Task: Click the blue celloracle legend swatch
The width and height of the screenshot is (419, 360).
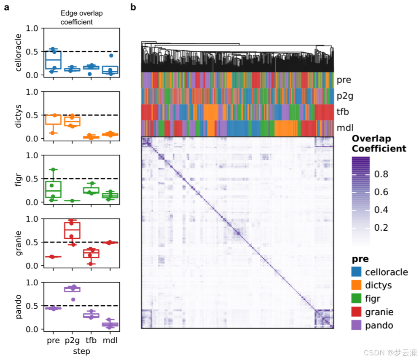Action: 357,272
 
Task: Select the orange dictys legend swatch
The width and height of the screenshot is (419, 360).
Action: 357,285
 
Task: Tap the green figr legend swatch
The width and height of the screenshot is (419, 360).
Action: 357,299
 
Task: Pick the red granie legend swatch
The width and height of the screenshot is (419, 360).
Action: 357,312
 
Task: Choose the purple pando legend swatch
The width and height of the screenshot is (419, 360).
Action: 357,325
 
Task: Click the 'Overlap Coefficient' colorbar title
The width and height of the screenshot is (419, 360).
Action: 379,144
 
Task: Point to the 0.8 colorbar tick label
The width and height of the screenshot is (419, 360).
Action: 382,174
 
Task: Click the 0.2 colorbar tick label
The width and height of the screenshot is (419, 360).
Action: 382,227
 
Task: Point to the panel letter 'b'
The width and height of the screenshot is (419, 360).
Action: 133,7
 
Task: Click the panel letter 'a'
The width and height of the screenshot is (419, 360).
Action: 7,7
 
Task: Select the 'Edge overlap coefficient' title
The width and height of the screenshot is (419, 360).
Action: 82,18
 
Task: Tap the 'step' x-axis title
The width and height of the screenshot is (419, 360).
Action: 81,351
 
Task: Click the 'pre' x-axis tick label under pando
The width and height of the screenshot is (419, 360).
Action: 53,341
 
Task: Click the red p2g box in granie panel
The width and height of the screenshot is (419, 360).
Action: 72,230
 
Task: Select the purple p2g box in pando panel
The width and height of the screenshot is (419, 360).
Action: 72,289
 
